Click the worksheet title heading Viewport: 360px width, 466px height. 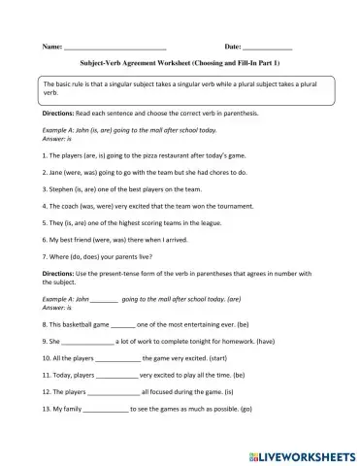pos(180,63)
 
